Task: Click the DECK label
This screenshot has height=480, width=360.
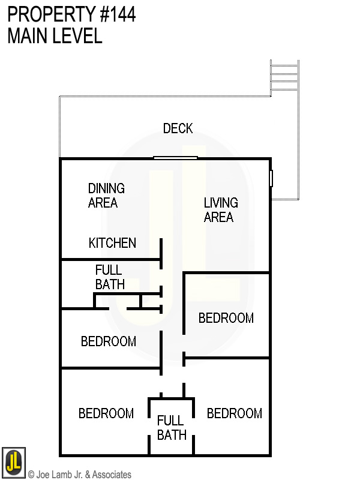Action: pos(178,128)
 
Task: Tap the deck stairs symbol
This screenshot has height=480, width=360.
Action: pos(285,75)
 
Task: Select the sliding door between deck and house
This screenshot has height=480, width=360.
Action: pos(175,158)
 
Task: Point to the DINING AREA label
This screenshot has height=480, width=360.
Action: pos(106,196)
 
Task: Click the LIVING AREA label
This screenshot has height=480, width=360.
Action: pos(221,210)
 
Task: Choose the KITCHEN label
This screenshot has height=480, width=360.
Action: pos(112,243)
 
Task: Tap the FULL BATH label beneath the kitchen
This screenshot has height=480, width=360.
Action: pos(109,277)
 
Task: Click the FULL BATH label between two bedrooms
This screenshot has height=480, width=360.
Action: pos(172,428)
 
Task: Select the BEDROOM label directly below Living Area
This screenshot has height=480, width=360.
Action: pos(226,318)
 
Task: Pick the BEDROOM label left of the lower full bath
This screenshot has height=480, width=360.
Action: pos(106,413)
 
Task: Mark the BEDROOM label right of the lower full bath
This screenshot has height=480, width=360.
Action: pos(235,413)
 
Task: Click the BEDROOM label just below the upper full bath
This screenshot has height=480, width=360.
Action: pos(109,341)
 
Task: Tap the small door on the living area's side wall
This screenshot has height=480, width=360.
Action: pos(271,178)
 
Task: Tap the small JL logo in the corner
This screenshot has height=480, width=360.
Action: pos(13,463)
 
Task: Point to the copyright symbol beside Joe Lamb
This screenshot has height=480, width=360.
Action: pos(31,475)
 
